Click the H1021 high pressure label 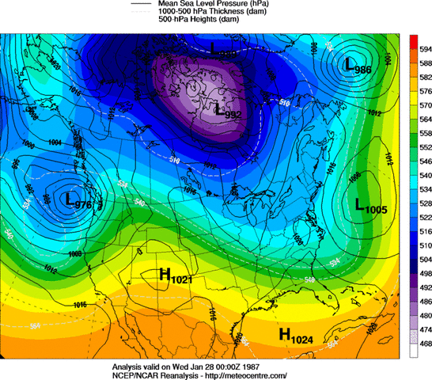click(x=176, y=275)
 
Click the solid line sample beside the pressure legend click(x=141, y=5)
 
